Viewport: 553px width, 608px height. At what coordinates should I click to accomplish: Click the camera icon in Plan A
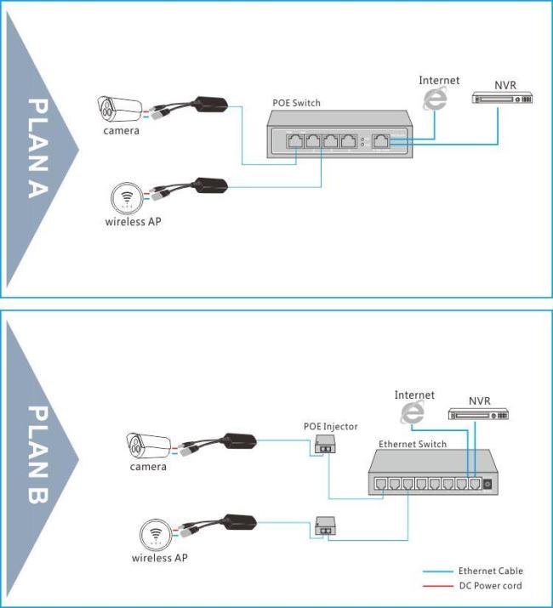point(119,109)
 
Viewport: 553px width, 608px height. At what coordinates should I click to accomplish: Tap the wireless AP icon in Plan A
point(127,198)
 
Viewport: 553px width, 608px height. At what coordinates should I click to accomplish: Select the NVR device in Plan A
point(502,98)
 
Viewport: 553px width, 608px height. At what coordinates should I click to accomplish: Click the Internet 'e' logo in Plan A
point(435,98)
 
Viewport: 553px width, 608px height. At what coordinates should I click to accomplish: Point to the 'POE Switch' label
point(296,103)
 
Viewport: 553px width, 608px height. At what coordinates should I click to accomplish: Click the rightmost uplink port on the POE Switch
point(381,141)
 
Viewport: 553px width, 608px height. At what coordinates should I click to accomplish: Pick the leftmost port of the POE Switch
point(295,141)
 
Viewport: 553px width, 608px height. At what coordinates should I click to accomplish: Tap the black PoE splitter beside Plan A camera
point(210,105)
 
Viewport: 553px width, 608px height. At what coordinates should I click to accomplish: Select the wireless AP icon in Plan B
point(156,535)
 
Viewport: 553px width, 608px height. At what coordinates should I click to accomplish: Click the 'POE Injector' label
point(331,427)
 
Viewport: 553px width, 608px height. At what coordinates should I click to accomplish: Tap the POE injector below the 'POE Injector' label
point(326,445)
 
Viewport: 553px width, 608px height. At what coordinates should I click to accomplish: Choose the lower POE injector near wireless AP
point(326,526)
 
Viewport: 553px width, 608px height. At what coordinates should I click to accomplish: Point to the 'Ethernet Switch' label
point(413,445)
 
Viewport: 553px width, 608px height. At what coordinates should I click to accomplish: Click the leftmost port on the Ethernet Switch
point(380,484)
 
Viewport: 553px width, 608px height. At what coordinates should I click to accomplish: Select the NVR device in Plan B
point(478,414)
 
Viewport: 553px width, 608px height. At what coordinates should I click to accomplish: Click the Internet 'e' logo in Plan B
point(413,412)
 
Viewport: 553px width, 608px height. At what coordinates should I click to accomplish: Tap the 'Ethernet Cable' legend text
point(491,571)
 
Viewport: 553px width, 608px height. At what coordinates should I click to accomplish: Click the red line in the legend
point(438,586)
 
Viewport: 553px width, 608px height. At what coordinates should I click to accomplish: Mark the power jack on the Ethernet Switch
point(487,484)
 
